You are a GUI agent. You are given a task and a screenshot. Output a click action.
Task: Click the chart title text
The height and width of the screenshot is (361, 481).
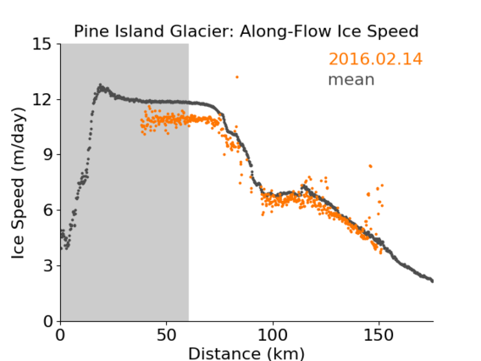pos(246,31)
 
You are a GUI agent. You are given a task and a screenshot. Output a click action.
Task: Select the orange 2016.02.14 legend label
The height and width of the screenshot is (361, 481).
pos(375,59)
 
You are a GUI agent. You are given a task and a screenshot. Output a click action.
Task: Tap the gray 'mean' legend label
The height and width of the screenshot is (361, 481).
pos(351,80)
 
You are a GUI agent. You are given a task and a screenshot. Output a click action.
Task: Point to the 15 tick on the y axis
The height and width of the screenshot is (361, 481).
pos(41,44)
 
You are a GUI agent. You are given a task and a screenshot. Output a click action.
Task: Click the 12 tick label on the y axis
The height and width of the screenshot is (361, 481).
pos(41,100)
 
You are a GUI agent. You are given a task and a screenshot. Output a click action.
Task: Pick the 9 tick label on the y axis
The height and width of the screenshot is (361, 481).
pos(47,155)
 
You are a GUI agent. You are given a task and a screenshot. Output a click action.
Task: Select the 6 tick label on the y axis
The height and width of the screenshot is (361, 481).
pos(47,210)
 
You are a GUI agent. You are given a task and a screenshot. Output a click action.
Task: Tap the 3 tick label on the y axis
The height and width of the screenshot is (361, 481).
pos(47,266)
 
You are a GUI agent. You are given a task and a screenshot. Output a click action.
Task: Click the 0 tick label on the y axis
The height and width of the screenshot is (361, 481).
pos(47,321)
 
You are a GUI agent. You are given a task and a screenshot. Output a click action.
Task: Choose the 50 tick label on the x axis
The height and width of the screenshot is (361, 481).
pos(167,336)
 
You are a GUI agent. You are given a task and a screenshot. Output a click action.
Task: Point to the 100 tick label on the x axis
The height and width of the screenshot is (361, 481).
pos(273,336)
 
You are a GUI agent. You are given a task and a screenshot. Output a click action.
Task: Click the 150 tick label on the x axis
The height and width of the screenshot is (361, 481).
pos(379,336)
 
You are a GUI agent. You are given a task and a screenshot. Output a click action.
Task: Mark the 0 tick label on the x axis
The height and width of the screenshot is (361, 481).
pos(60,336)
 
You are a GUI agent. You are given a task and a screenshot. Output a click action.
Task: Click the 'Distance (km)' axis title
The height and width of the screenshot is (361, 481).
pos(246,353)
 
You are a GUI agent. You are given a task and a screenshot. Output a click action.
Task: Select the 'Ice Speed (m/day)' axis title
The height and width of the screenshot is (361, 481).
pos(18,183)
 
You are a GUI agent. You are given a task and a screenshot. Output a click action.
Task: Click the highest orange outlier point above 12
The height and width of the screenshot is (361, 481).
pos(237,77)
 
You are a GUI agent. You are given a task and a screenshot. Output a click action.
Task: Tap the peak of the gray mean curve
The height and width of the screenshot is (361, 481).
pos(100,85)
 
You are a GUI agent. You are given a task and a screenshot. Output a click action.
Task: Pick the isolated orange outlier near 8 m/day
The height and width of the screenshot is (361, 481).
pos(371,166)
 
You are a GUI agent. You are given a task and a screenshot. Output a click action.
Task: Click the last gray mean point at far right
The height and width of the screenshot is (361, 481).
pos(432,280)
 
